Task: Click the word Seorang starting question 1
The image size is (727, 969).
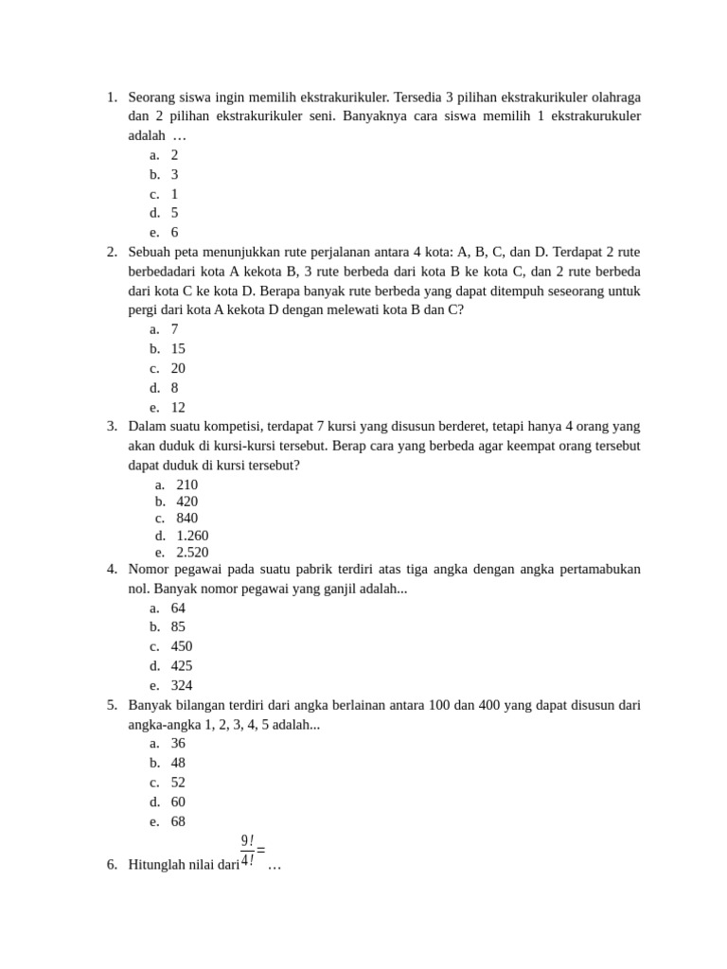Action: (x=152, y=97)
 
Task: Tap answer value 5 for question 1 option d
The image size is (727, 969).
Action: (x=174, y=213)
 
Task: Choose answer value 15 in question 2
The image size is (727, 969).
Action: (x=178, y=348)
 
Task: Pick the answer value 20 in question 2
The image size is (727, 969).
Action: (x=178, y=368)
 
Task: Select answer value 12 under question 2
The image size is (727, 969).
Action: (x=178, y=408)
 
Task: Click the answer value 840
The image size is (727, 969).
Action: (x=187, y=518)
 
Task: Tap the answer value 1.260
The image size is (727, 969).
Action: (x=192, y=536)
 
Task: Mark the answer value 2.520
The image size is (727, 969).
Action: (x=192, y=553)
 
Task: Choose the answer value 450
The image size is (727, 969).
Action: (x=182, y=646)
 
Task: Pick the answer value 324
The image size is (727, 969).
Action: (x=182, y=685)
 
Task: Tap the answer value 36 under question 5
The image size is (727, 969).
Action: (x=178, y=743)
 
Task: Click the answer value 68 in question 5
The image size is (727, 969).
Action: (x=178, y=821)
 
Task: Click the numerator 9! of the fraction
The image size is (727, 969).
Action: (x=247, y=840)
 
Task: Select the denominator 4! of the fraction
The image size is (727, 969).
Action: (x=247, y=860)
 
